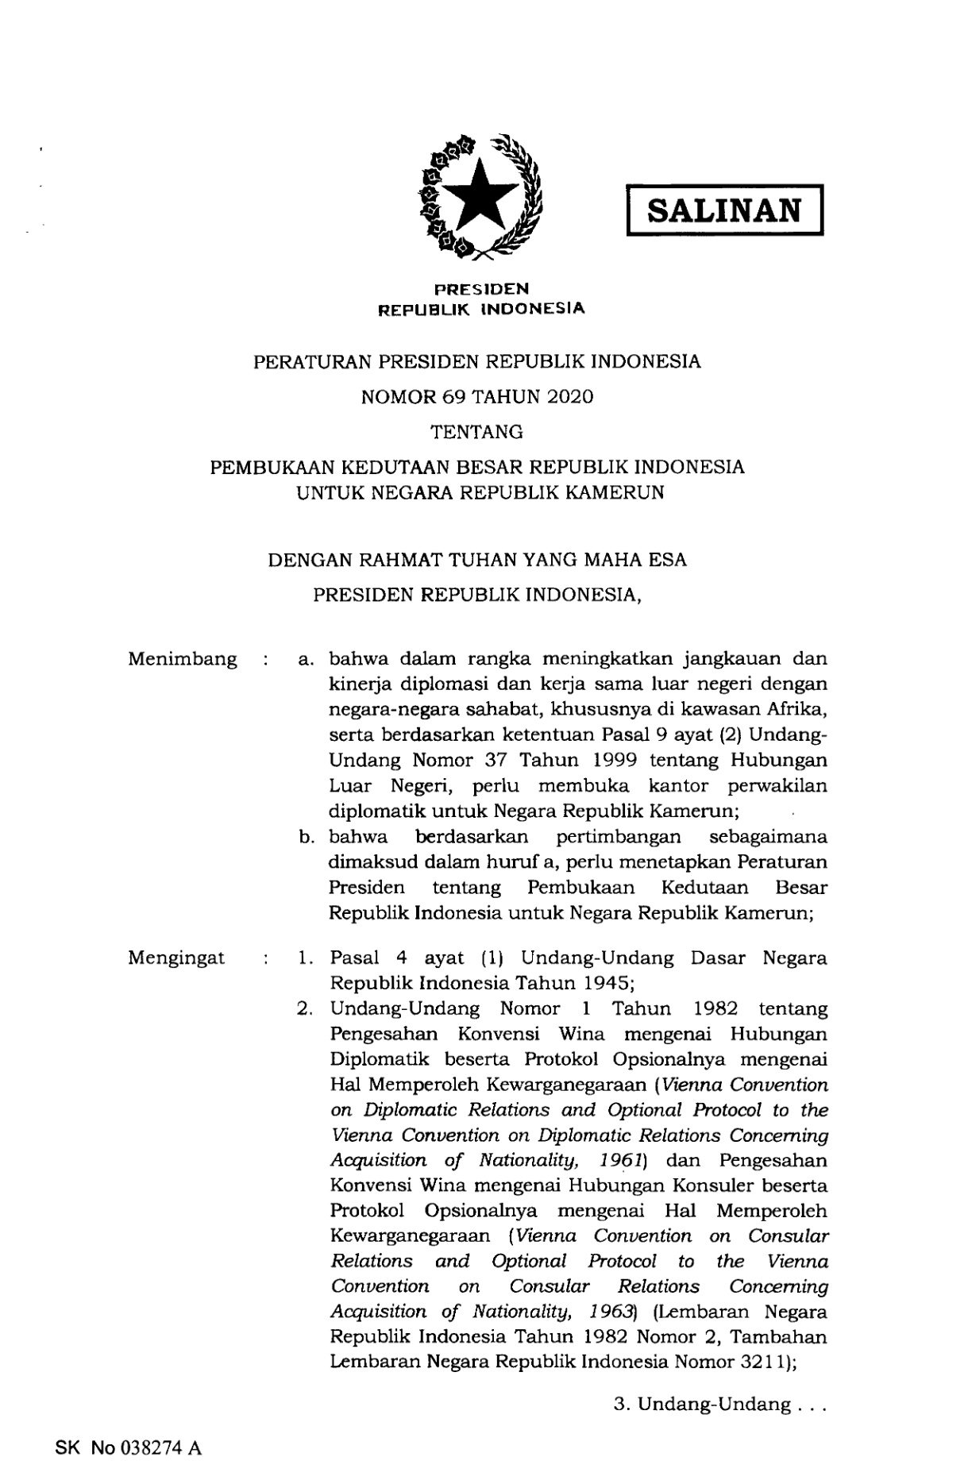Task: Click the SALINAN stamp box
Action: coord(724,210)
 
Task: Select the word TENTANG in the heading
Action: coord(476,432)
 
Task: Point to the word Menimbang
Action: coord(182,660)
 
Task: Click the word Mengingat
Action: coord(176,958)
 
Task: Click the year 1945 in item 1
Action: coord(609,983)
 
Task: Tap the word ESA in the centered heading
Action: coord(667,560)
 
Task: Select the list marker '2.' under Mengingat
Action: coord(305,1009)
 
